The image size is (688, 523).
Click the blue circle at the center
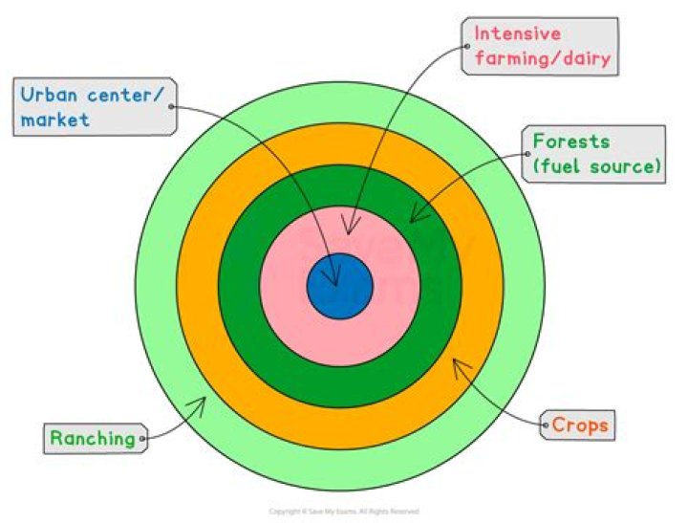(x=341, y=287)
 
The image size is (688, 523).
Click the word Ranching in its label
(x=93, y=439)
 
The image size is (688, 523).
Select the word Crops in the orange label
(x=580, y=424)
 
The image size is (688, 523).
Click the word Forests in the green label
(x=570, y=142)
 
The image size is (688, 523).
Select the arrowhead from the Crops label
(x=460, y=365)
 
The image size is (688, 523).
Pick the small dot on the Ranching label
(x=143, y=440)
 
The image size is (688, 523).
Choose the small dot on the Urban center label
(x=172, y=106)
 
